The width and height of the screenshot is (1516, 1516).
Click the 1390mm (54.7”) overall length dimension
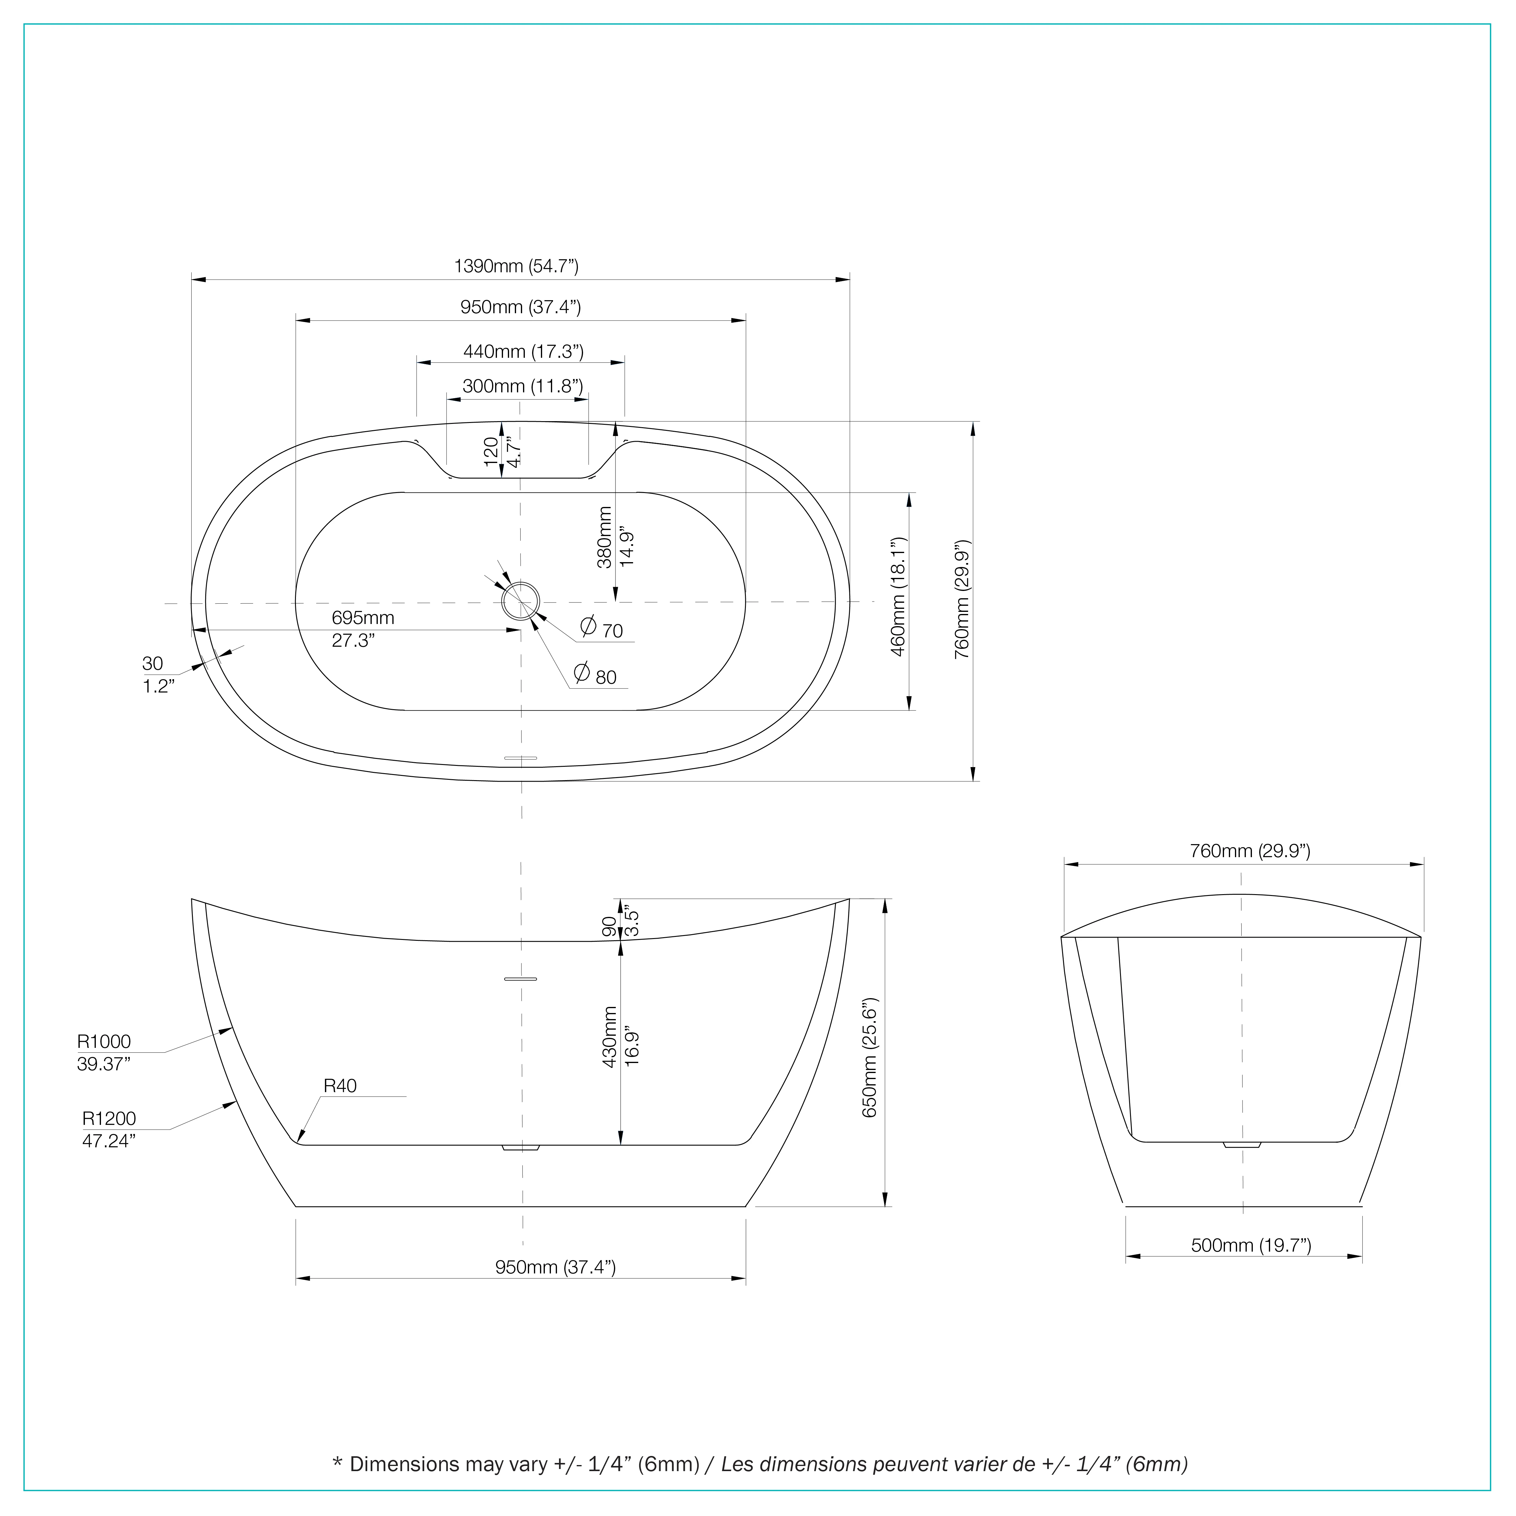516,266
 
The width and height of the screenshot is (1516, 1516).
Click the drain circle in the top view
521,601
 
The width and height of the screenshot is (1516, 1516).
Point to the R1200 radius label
109,1118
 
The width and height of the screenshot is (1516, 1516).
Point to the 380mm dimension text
604,538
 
